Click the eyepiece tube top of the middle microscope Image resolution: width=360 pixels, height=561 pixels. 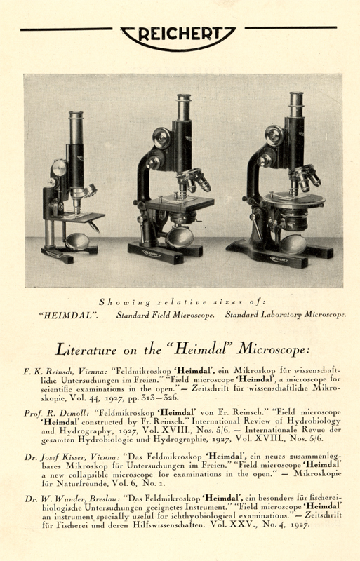click(185, 99)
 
